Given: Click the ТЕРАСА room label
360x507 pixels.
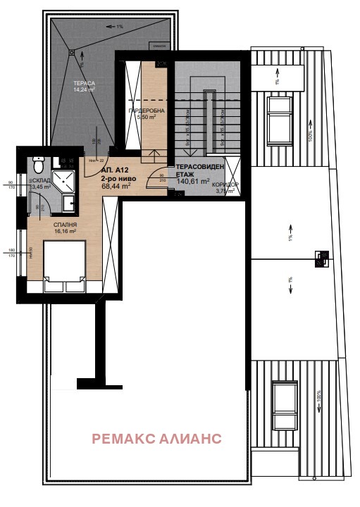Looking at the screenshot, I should pyautogui.click(x=83, y=83).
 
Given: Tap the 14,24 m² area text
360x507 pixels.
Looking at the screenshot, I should pyautogui.click(x=83, y=90).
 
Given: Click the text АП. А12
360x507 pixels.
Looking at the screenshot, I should pyautogui.click(x=116, y=170).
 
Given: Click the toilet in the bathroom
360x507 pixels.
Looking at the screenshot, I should pyautogui.click(x=39, y=166).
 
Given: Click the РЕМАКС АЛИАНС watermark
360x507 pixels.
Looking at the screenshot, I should pyautogui.click(x=156, y=439).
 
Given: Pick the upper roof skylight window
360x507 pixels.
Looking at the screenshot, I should pyautogui.click(x=280, y=118).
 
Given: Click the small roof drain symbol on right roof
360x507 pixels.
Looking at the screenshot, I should pyautogui.click(x=320, y=258).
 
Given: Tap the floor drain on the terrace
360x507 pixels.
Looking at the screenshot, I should pyautogui.click(x=70, y=52).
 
